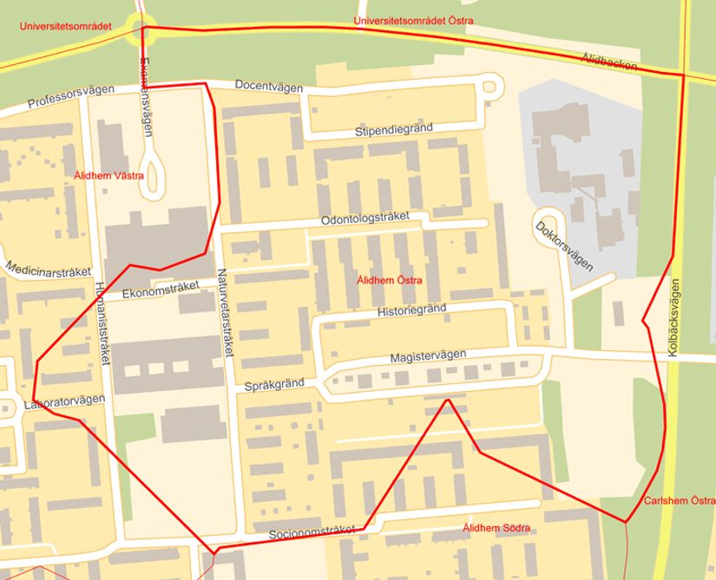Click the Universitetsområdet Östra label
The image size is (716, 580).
pos(412,21)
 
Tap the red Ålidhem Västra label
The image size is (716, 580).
pos(108,176)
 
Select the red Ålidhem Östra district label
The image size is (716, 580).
pos(390,280)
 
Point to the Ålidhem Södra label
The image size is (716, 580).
pos(496,528)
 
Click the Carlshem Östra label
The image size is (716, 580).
pos(680,502)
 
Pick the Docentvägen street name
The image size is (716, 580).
pos(269,87)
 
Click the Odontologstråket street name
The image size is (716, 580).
pos(365,219)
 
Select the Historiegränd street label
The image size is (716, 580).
pos(412,310)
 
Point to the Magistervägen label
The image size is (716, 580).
pos(428,356)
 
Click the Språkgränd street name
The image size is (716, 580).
pos(274,385)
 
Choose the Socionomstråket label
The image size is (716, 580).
pos(312,532)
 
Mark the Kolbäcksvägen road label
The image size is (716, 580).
pos(674,321)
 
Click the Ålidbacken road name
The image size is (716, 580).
pos(609,61)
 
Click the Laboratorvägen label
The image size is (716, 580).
pos(64,401)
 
